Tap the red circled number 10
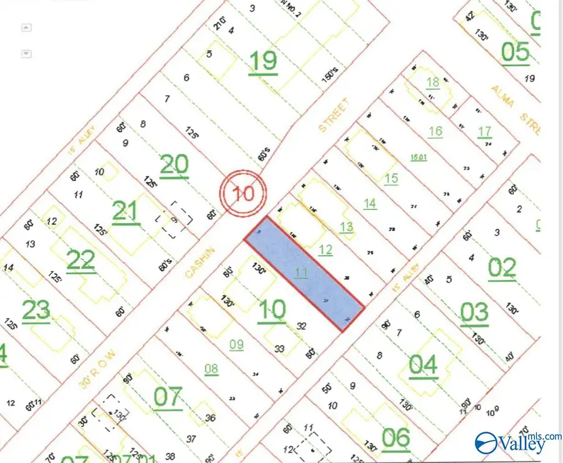pyautogui.click(x=243, y=192)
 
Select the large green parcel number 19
pyautogui.click(x=263, y=62)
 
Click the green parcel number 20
pyautogui.click(x=175, y=165)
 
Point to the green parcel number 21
pyautogui.click(x=126, y=211)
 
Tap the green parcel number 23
pyautogui.click(x=36, y=311)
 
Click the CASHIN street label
pyautogui.click(x=200, y=262)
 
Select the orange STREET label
pyautogui.click(x=332, y=115)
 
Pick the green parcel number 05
pyautogui.click(x=515, y=52)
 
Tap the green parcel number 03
pyautogui.click(x=474, y=313)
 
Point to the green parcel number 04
pyautogui.click(x=423, y=365)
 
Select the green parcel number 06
pyautogui.click(x=396, y=439)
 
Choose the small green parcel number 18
pyautogui.click(x=433, y=82)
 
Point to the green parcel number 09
pyautogui.click(x=236, y=344)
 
